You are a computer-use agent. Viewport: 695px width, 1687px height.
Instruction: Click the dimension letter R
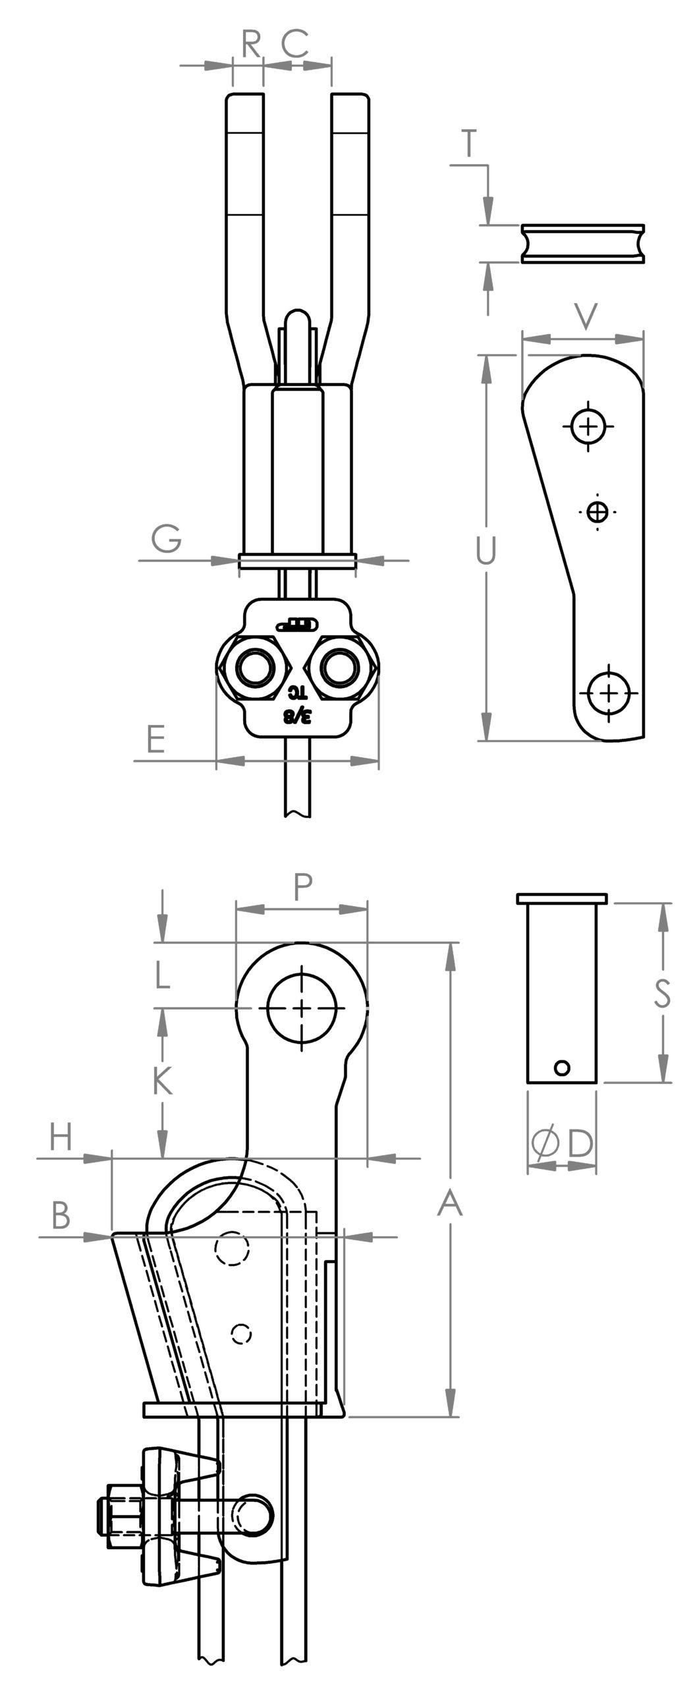pyautogui.click(x=252, y=45)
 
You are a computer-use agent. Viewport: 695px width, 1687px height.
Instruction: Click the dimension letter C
pyautogui.click(x=294, y=45)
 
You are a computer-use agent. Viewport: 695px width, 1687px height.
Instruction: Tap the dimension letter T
pyautogui.click(x=469, y=144)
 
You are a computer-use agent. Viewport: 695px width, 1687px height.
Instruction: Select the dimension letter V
pyautogui.click(x=585, y=316)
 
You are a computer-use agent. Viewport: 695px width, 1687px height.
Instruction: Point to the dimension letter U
pyautogui.click(x=485, y=552)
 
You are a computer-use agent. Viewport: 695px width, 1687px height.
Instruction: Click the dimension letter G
pyautogui.click(x=167, y=540)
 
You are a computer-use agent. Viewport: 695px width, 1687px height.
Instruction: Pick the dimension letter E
pyautogui.click(x=155, y=739)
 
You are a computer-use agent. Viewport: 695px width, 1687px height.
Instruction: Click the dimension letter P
pyautogui.click(x=302, y=888)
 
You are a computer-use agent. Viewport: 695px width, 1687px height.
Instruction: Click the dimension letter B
pyautogui.click(x=61, y=1216)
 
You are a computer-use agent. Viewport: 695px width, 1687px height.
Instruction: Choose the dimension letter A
pyautogui.click(x=451, y=1205)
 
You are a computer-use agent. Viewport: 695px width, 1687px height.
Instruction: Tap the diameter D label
pyautogui.click(x=562, y=1145)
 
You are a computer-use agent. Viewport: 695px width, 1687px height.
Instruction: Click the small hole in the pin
pyautogui.click(x=562, y=1067)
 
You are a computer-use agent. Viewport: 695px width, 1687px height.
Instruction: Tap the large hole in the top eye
pyautogui.click(x=302, y=1008)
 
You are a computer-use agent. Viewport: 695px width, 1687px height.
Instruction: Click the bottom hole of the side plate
pyautogui.click(x=609, y=692)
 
